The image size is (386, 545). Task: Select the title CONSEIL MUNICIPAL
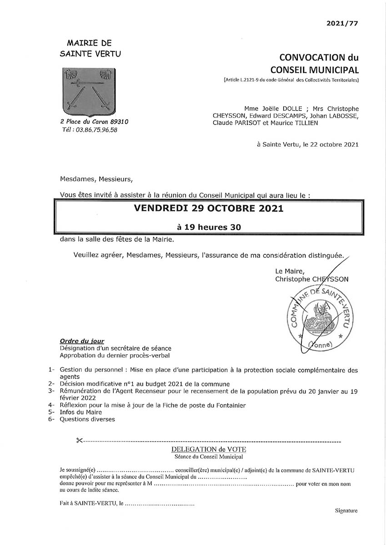[x=315, y=70]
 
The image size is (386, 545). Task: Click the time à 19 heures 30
[x=209, y=227]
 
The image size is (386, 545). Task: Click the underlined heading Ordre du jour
[x=82, y=341]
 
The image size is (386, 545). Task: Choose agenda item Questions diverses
[x=87, y=419]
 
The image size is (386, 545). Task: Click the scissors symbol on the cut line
[x=79, y=441]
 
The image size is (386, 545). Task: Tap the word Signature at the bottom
[x=346, y=510]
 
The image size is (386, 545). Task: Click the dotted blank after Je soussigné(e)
[x=136, y=471]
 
